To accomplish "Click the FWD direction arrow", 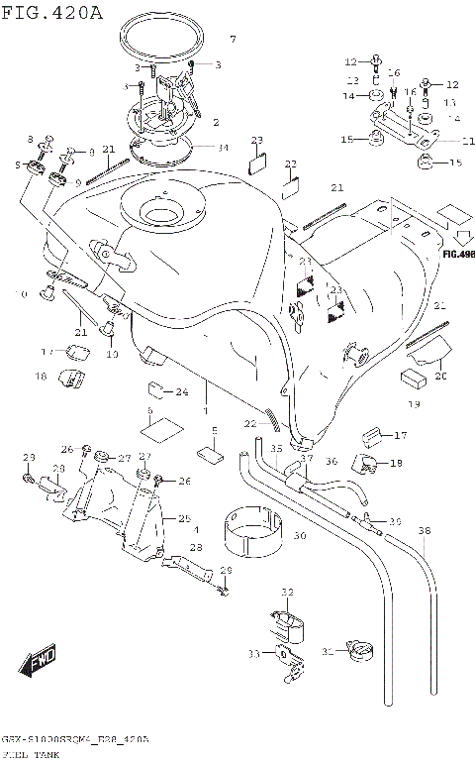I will pos(43,658).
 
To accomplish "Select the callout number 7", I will pos(233,40).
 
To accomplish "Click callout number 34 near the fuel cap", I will pos(223,148).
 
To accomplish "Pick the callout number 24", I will pos(181,391).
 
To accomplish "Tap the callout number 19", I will pos(415,403).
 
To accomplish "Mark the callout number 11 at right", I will pos(467,140).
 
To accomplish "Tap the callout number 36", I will pos(332,460).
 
